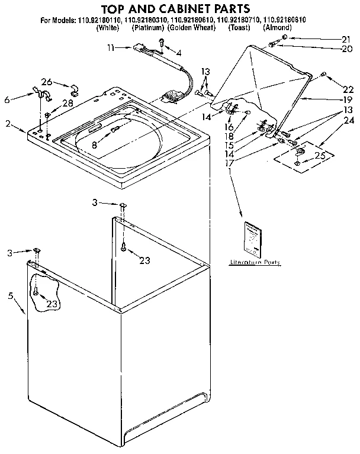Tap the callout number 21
pos(345,39)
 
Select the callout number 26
pos(46,82)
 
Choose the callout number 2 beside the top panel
pos(8,124)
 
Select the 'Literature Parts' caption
pos(255,262)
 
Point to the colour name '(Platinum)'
pos(147,28)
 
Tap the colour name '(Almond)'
pos(277,28)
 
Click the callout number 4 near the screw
pos(179,53)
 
